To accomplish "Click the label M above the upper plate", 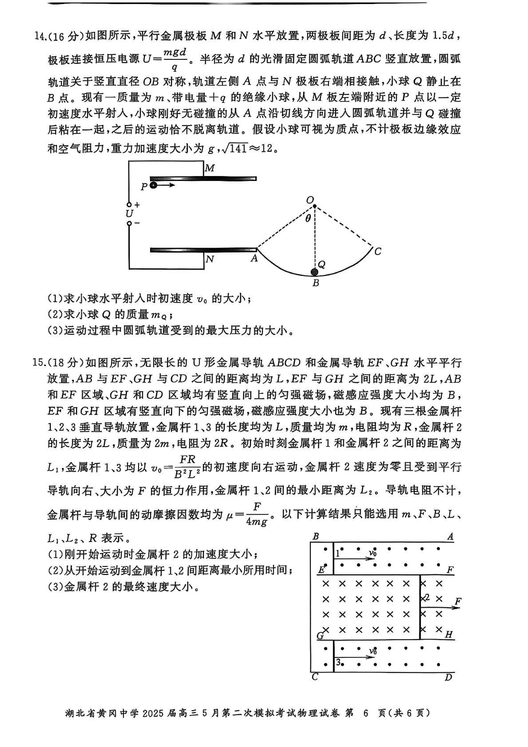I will tap(210, 168).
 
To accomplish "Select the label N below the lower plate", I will tap(210, 259).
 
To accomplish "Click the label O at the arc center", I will tap(310, 199).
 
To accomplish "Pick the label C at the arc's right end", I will tap(377, 251).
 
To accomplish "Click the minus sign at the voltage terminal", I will tap(137, 223).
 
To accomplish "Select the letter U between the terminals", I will tap(129, 214).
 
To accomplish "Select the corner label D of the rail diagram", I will tap(448, 677).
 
